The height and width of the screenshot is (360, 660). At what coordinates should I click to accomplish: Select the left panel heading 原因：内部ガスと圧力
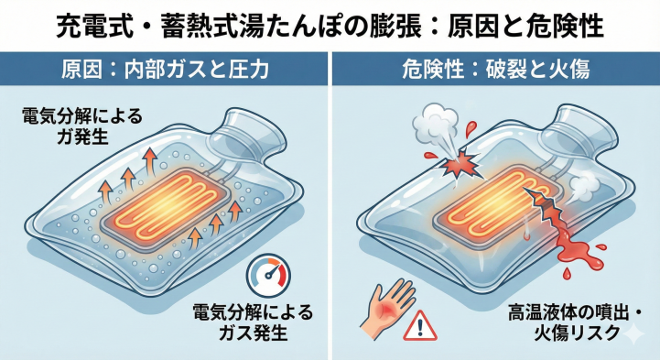click(x=166, y=69)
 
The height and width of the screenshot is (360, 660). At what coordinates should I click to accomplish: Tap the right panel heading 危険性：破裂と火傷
click(x=494, y=69)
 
